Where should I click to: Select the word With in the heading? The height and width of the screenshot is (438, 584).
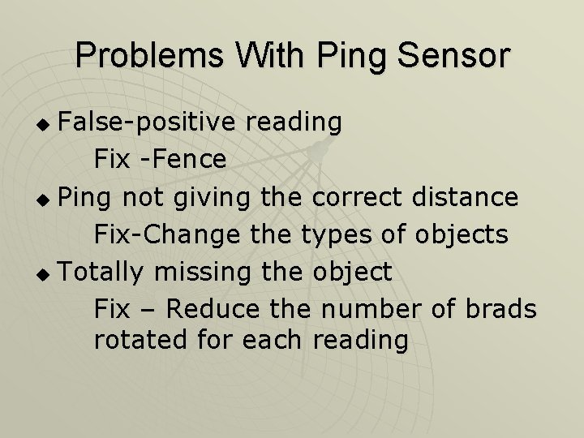272,55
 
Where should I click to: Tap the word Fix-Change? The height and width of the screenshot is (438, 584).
167,234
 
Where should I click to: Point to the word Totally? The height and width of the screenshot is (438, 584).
101,272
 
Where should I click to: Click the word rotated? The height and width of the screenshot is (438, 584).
141,340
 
